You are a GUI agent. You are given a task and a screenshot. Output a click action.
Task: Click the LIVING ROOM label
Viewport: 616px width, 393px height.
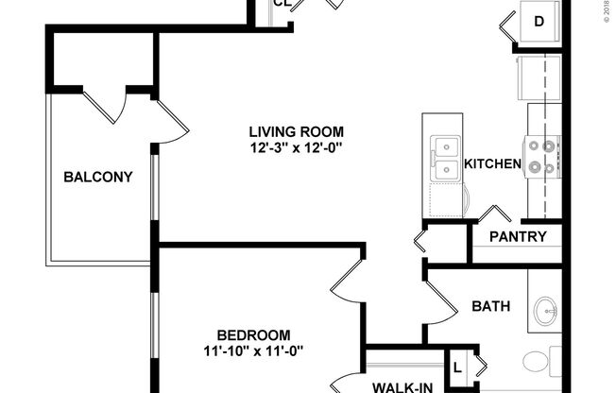(x=296, y=131)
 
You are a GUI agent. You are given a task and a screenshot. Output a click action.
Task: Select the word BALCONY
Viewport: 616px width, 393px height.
(x=97, y=177)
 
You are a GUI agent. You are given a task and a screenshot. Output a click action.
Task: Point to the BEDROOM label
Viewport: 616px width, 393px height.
(x=253, y=335)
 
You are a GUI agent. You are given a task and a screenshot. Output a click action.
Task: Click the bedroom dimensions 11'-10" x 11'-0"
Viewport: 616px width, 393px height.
(x=253, y=351)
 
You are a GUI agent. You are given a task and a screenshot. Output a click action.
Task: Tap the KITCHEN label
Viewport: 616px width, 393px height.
(x=492, y=164)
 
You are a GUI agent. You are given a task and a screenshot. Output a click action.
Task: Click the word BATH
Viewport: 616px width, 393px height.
(x=491, y=306)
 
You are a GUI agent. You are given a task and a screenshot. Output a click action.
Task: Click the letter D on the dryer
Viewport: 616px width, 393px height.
(x=539, y=21)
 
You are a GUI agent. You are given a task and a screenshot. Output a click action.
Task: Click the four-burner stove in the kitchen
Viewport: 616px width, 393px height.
(x=543, y=157)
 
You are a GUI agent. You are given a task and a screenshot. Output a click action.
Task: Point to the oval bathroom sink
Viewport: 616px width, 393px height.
(x=545, y=309)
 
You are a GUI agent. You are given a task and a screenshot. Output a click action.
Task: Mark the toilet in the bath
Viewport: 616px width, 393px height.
(x=537, y=361)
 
